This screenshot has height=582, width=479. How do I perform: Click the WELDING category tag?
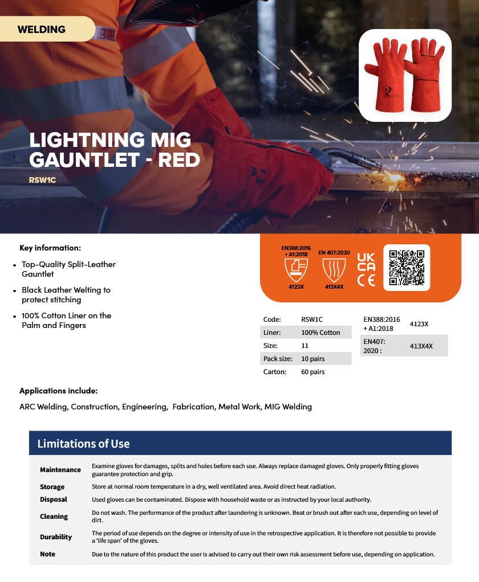pos(42,29)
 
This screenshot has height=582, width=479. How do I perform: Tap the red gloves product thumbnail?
pos(405,75)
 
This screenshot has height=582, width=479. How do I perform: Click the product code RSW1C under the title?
pos(42,180)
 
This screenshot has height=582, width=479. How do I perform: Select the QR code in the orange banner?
pos(407,267)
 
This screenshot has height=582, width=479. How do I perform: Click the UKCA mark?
pos(366,261)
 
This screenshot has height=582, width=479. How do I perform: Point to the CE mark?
pos(366,280)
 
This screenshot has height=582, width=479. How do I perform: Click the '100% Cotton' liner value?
pos(320,333)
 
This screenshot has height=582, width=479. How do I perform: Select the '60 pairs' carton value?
pos(313,372)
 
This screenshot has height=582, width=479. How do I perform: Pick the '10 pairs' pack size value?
pos(313,359)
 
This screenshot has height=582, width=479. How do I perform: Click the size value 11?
pos(305,346)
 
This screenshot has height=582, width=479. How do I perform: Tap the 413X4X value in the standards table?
pos(421,346)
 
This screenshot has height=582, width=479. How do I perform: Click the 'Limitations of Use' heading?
pos(83,444)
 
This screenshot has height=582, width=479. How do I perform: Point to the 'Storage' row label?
pos(52,487)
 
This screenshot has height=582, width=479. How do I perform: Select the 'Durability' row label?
pos(56,537)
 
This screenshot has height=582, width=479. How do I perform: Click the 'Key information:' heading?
pos(50,248)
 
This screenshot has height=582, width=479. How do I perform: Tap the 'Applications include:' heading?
pos(59,391)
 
